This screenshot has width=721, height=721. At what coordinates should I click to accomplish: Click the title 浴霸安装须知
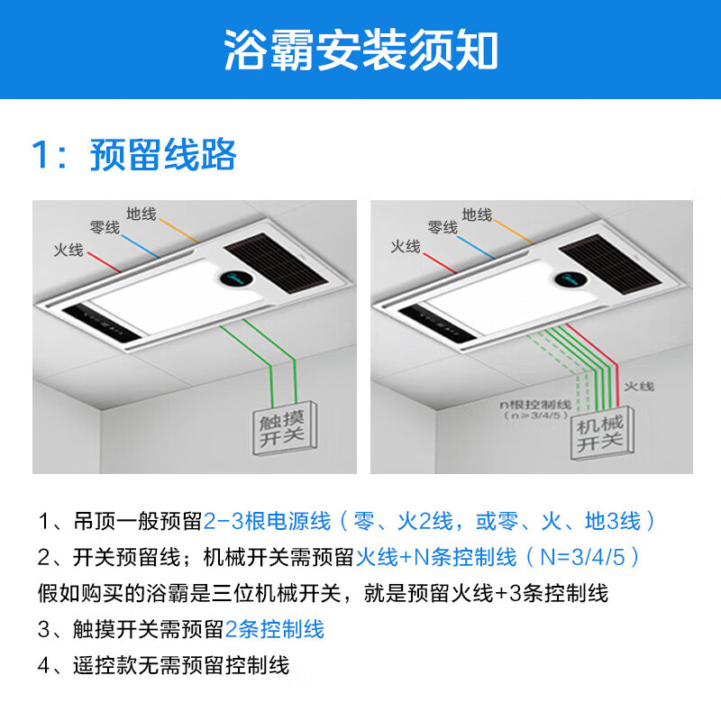[360, 51]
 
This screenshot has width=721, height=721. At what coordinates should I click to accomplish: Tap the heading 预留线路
[162, 155]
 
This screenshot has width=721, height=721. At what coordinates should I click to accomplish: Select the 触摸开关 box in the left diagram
[282, 426]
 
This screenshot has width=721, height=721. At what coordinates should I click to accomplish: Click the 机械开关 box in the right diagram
[599, 432]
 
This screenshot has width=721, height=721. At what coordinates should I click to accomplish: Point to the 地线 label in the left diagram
[141, 214]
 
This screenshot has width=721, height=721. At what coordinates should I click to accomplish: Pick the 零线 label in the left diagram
[105, 228]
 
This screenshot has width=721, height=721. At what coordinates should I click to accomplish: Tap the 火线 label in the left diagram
[68, 250]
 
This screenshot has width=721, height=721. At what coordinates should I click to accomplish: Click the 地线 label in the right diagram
[477, 214]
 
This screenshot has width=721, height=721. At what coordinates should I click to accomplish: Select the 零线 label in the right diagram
[442, 228]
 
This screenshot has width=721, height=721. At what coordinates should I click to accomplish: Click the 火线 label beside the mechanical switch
[639, 386]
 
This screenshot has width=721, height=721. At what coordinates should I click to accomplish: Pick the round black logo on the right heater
[570, 283]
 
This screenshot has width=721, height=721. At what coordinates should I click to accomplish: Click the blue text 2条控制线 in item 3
[275, 629]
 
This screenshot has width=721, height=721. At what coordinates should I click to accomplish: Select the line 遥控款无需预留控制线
[180, 666]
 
